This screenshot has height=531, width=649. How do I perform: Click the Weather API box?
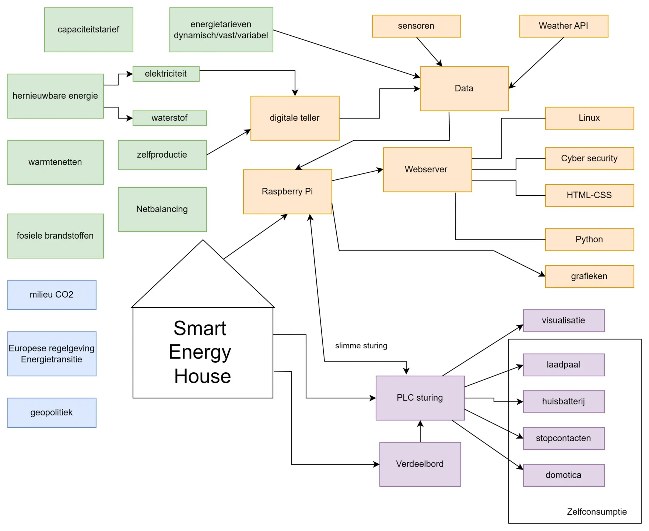tap(563, 26)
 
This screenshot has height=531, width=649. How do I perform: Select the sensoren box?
tap(416, 26)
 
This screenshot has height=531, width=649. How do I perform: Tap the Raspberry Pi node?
tap(287, 191)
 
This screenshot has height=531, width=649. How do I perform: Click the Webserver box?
tap(427, 169)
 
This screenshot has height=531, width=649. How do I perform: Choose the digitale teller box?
tap(295, 118)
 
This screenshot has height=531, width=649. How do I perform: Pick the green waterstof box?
tap(169, 118)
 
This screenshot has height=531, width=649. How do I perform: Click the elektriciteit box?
tap(166, 74)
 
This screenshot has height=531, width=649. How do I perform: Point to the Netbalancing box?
tap(162, 209)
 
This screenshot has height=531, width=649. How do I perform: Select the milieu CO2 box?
tap(52, 295)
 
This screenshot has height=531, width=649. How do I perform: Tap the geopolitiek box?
tap(52, 412)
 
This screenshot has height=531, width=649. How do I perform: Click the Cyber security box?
tap(589, 158)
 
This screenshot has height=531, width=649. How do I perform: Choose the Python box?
tap(589, 239)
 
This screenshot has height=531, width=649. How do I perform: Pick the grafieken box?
tap(589, 276)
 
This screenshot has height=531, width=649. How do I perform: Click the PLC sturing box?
tap(420, 398)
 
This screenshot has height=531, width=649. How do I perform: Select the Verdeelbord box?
tap(420, 464)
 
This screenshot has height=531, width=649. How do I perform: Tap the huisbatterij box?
tap(564, 401)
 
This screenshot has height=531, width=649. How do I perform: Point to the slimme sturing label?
tap(361, 346)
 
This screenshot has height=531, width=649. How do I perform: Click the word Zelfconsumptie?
tap(597, 512)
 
